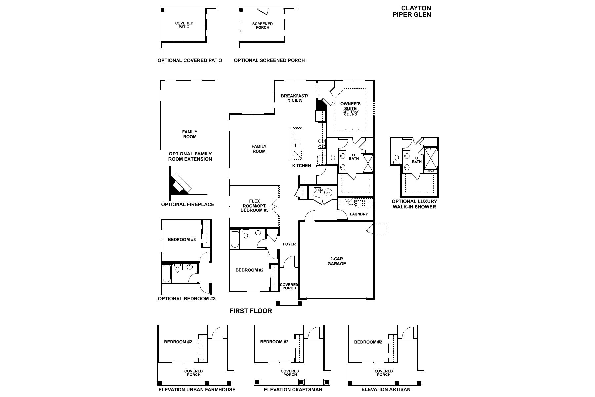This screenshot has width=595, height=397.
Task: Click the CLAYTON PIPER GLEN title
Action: coord(412,11)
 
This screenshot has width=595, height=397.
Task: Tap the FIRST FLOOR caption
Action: coord(251,311)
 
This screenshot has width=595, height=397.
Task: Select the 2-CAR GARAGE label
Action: coord(337,261)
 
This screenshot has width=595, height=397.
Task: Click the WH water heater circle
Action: coord(328,192)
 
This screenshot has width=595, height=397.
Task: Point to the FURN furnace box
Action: coord(318,190)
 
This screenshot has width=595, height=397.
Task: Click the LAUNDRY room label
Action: coord(359,214)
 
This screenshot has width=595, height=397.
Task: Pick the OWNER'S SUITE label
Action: coord(350,106)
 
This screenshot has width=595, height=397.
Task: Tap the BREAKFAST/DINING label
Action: coord(295,98)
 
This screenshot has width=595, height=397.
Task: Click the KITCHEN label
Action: coord(301,165)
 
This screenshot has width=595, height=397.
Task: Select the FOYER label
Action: coord(289,244)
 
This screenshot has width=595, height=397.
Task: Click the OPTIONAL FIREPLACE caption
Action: coord(187,204)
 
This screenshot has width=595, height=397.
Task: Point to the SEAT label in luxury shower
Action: coord(430,171)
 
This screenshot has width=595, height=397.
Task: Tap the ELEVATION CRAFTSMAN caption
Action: coord(293,390)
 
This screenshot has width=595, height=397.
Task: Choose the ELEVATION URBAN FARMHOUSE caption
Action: coord(197,390)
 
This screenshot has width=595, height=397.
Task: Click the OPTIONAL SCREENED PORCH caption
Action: coord(269,60)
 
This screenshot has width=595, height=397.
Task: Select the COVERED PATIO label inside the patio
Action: coord(184,25)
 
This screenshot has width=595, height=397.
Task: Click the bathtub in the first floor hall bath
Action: coord(235,240)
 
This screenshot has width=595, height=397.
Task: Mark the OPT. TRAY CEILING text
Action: coord(350,113)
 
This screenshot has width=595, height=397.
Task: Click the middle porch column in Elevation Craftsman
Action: coord(301,382)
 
